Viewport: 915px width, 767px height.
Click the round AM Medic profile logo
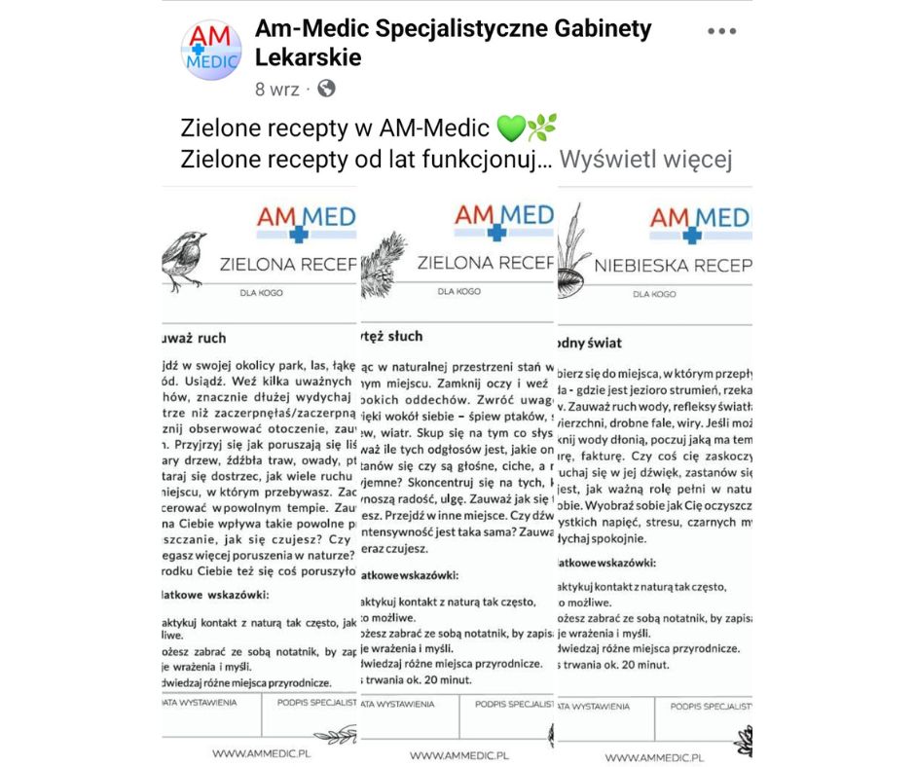click(211, 51)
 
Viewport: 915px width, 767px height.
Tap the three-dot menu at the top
click(721, 31)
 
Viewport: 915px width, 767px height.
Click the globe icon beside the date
click(326, 89)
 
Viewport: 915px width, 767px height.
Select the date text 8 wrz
click(276, 89)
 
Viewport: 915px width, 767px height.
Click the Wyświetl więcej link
click(645, 159)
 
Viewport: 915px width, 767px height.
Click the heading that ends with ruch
click(196, 338)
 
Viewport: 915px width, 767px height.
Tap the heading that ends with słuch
click(392, 336)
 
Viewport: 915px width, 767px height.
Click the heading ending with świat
click(589, 343)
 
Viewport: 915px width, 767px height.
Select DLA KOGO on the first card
click(261, 291)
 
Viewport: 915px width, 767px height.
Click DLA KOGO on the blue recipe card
click(654, 293)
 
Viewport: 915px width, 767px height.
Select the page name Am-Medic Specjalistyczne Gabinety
click(453, 29)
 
